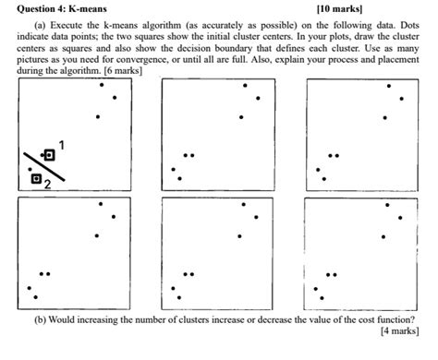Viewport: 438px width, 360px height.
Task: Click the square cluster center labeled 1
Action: click(49, 155)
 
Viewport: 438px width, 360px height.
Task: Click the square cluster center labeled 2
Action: click(36, 178)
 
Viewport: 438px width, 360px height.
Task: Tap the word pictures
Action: click(35, 59)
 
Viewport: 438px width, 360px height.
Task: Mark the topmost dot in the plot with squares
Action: click(101, 85)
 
